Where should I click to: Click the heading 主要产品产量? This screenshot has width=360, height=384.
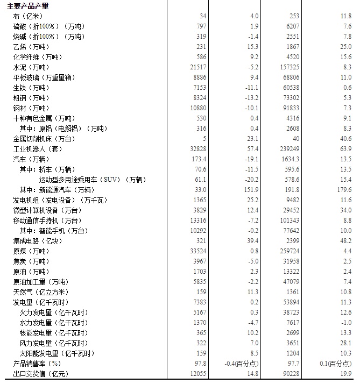[27, 6]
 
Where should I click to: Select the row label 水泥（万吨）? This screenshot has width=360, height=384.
[31, 68]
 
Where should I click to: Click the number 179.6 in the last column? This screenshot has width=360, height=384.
[343, 190]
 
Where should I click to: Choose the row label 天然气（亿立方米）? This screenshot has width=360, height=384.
[41, 292]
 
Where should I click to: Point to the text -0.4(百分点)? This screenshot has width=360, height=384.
[241, 364]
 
